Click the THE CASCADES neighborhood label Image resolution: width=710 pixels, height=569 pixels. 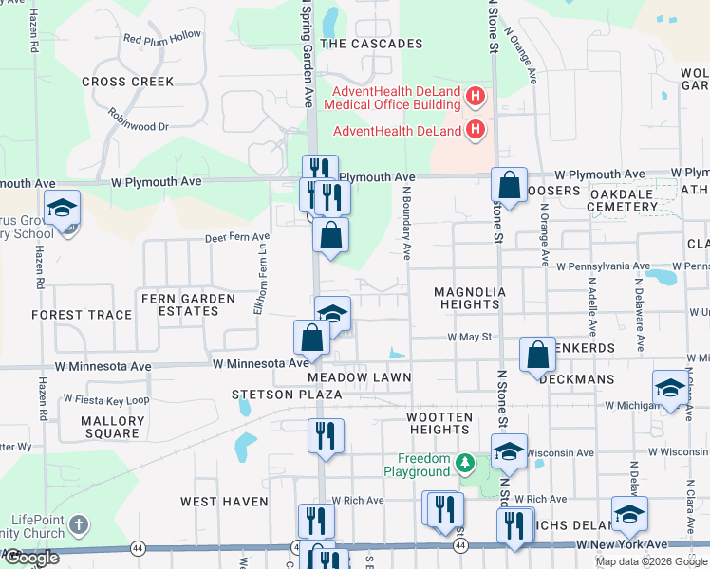click(x=371, y=44)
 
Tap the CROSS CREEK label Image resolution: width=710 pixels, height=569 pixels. click(x=127, y=82)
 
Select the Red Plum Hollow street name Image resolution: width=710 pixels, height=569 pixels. click(x=162, y=36)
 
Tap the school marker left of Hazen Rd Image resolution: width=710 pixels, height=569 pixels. click(x=63, y=209)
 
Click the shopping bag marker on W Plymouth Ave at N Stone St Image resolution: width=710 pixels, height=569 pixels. click(x=510, y=186)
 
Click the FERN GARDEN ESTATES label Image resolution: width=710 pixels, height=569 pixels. click(x=187, y=304)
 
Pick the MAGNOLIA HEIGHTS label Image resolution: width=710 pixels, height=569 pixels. click(x=466, y=298)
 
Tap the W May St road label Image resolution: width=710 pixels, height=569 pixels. click(x=470, y=337)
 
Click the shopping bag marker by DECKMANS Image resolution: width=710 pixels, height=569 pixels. click(x=537, y=356)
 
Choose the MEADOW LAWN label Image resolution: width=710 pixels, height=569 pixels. click(x=359, y=377)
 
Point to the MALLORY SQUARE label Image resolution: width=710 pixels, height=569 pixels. click(x=112, y=427)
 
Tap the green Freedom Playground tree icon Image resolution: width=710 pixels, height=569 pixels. click(x=464, y=464)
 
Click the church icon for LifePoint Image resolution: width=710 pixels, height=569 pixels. click(x=80, y=524)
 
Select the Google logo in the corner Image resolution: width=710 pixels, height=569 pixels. click(x=31, y=558)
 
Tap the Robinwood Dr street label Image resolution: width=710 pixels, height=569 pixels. click(x=138, y=125)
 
